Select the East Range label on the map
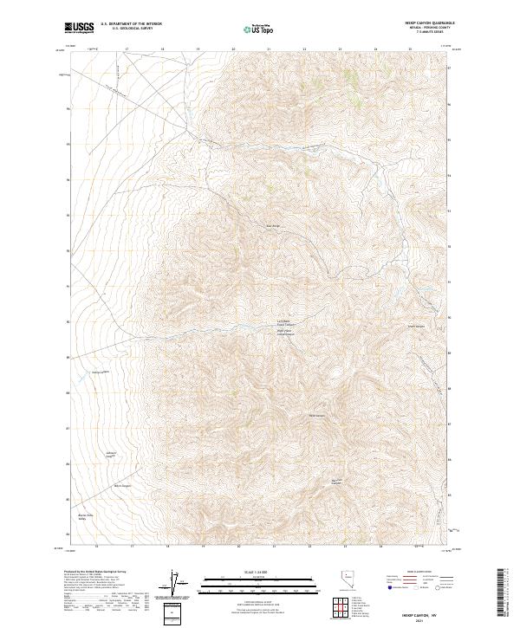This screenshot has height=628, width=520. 271,228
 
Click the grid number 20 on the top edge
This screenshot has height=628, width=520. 234,49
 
